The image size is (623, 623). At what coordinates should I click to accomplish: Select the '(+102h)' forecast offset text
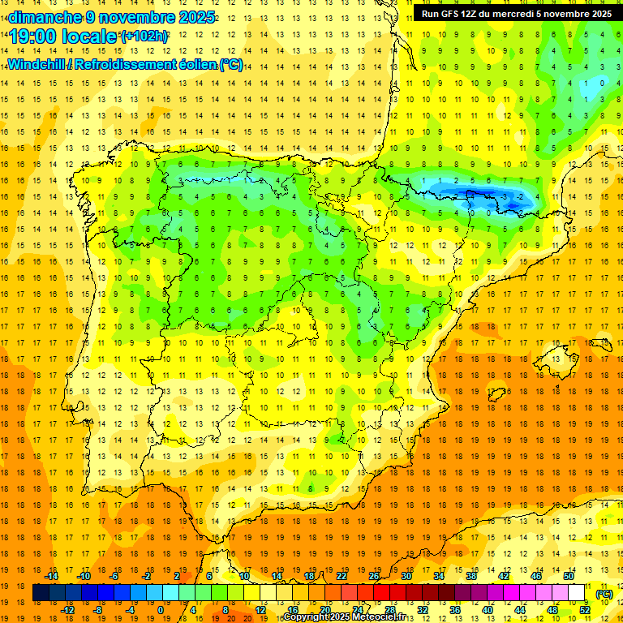pyautogui.click(x=144, y=37)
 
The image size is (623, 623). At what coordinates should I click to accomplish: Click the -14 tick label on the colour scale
pyautogui.click(x=51, y=576)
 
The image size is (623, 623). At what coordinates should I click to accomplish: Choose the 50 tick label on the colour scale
pyautogui.click(x=568, y=576)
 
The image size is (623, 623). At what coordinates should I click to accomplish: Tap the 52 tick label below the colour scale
pyautogui.click(x=585, y=609)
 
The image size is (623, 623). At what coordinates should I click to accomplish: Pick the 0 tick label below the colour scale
pyautogui.click(x=161, y=609)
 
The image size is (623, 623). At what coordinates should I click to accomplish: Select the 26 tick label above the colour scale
pyautogui.click(x=374, y=576)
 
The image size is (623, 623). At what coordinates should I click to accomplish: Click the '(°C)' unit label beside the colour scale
pyautogui.click(x=604, y=594)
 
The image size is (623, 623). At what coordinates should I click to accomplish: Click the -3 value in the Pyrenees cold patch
pyautogui.click(x=504, y=196)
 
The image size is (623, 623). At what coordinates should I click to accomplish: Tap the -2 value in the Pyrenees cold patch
pyautogui.click(x=520, y=196)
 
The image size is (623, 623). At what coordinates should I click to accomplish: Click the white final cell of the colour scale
pyautogui.click(x=577, y=593)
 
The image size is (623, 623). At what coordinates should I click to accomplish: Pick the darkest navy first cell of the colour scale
pyautogui.click(x=40, y=593)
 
